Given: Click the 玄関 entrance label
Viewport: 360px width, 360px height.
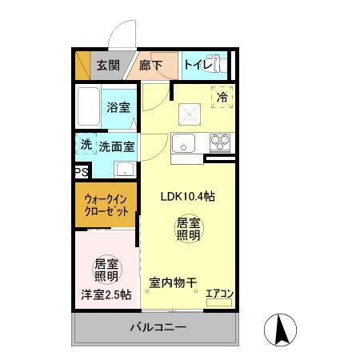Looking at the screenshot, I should click(108, 66).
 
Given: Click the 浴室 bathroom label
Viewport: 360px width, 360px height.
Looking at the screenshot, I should click(119, 107).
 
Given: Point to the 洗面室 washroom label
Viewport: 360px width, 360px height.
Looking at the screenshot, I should click(116, 146).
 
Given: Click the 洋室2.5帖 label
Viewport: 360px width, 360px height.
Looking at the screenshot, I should click(106, 294).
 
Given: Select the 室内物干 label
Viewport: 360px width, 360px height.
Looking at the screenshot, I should click(173, 282).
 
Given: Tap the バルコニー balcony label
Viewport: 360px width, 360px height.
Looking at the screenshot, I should click(158, 328).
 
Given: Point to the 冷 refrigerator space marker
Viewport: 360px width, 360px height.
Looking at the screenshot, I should click(222, 96).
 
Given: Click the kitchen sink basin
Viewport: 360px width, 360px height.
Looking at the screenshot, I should click(183, 145).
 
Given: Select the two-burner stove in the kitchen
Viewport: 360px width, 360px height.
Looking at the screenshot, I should click(219, 144).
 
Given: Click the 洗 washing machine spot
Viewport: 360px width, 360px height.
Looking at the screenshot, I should click(85, 146).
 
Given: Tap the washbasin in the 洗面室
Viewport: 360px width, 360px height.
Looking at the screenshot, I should click(124, 170).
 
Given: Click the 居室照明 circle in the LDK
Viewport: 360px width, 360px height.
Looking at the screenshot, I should click(188, 230).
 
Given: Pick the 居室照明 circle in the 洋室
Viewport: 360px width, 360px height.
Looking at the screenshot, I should click(106, 270).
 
